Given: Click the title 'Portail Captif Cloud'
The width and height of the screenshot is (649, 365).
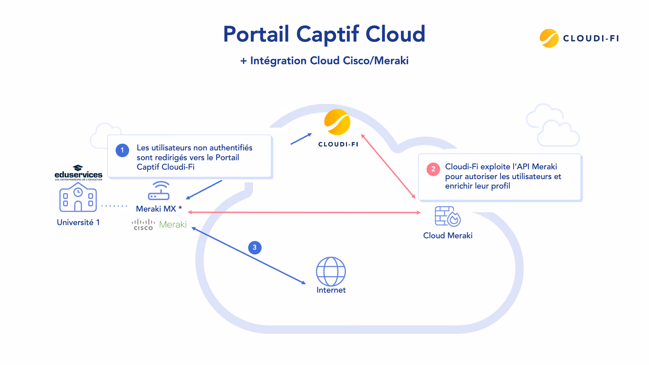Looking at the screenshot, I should pyautogui.click(x=324, y=34).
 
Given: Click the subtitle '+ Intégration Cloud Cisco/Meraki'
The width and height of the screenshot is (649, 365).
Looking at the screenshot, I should pyautogui.click(x=324, y=61).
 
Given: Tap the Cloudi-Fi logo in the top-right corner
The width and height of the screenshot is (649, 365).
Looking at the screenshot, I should pyautogui.click(x=579, y=38).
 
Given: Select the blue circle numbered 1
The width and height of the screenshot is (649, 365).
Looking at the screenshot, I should pyautogui.click(x=122, y=150).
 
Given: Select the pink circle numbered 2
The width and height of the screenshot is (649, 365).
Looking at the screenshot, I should pyautogui.click(x=433, y=169).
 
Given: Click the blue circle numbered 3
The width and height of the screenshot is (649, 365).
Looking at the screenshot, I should pyautogui.click(x=255, y=247).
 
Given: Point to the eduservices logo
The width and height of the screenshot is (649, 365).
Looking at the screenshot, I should pyautogui.click(x=78, y=173).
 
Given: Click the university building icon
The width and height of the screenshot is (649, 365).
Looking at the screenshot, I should pyautogui.click(x=78, y=197).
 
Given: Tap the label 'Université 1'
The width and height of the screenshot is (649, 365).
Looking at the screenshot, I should pyautogui.click(x=78, y=222).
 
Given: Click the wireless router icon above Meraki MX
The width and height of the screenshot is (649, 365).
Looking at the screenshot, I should pyautogui.click(x=159, y=191).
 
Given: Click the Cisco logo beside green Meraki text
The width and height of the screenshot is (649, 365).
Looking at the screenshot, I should pyautogui.click(x=143, y=225).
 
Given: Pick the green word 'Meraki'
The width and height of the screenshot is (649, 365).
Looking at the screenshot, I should pyautogui.click(x=173, y=225).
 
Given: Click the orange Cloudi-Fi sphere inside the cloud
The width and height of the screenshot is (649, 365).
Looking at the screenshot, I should pyautogui.click(x=337, y=122).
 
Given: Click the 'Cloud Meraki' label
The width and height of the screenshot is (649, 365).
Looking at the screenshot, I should pyautogui.click(x=448, y=236).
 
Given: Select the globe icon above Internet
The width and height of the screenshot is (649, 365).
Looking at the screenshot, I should pyautogui.click(x=331, y=271).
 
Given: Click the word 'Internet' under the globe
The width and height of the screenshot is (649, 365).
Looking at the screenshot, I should pyautogui.click(x=331, y=290).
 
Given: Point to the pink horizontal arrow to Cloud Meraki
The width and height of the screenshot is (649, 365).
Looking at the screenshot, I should pyautogui.click(x=304, y=212).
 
